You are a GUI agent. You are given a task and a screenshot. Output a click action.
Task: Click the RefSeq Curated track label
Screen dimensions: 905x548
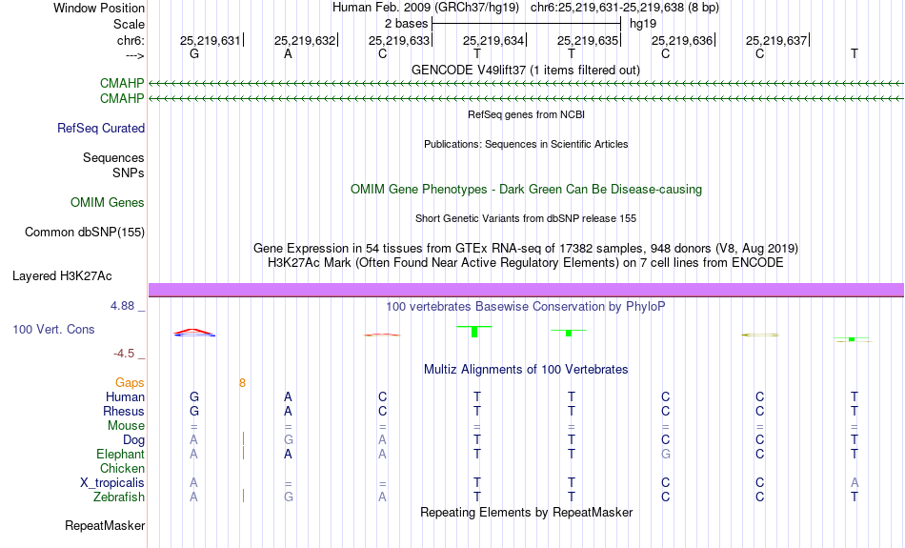pyautogui.click(x=101, y=129)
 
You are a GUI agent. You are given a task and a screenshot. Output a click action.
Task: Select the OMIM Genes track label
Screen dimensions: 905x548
pyautogui.click(x=108, y=203)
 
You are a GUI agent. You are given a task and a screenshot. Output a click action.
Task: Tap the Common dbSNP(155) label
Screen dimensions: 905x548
pyautogui.click(x=85, y=233)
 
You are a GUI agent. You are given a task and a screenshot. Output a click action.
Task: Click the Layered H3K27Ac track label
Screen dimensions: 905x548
pyautogui.click(x=62, y=276)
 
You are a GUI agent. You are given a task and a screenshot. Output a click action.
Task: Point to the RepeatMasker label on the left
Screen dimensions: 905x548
pyautogui.click(x=105, y=525)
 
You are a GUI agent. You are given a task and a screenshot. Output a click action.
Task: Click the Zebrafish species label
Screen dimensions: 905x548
pyautogui.click(x=119, y=497)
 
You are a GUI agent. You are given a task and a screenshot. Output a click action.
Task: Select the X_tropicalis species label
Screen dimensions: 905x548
pyautogui.click(x=112, y=483)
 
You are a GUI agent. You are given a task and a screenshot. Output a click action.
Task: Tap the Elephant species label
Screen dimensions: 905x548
pyautogui.click(x=120, y=455)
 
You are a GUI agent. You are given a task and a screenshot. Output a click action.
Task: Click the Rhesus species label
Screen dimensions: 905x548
pyautogui.click(x=124, y=411)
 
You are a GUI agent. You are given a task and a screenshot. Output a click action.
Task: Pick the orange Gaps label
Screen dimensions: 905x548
pyautogui.click(x=130, y=383)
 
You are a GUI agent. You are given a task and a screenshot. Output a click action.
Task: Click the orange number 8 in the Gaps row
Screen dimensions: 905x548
pyautogui.click(x=242, y=383)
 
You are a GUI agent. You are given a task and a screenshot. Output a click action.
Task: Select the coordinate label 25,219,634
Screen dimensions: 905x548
pyautogui.click(x=493, y=40)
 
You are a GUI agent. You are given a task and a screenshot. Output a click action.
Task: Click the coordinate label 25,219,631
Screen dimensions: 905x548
pyautogui.click(x=211, y=40)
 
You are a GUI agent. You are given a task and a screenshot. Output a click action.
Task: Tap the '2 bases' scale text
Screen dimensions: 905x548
pyautogui.click(x=407, y=24)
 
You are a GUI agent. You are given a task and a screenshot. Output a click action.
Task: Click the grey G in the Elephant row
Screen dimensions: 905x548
pyautogui.click(x=666, y=455)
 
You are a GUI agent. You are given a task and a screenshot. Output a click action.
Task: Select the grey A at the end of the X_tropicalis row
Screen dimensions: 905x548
pyautogui.click(x=855, y=483)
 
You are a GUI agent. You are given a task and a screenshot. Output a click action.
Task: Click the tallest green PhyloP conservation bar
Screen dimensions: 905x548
pyautogui.click(x=474, y=332)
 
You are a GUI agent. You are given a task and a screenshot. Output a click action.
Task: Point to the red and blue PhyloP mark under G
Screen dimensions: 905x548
pyautogui.click(x=194, y=333)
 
